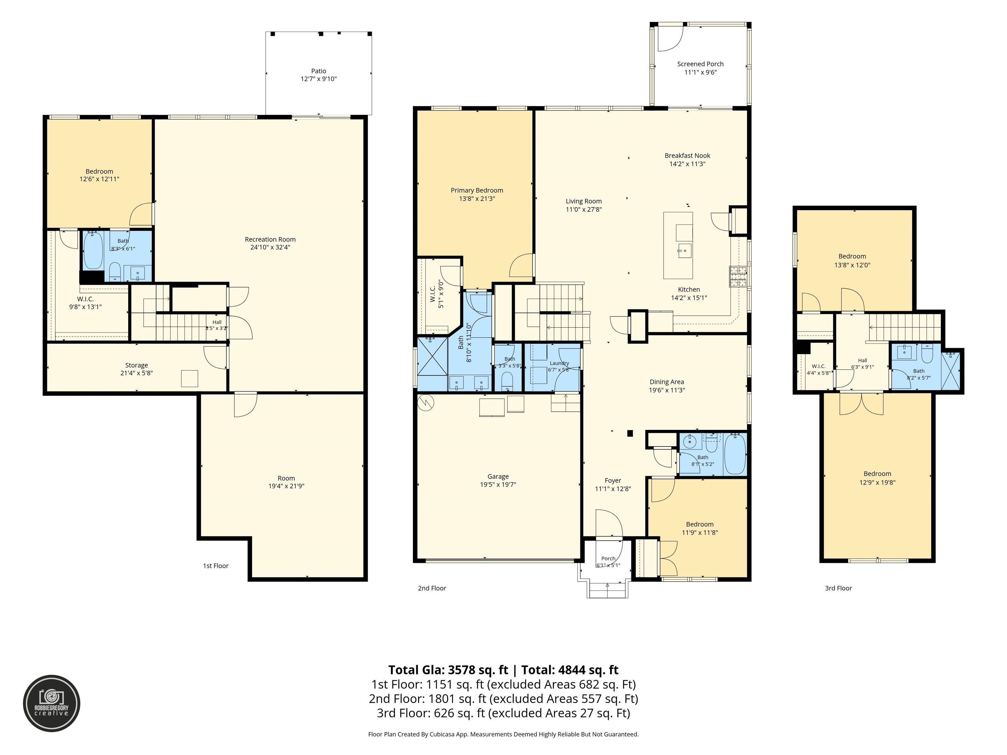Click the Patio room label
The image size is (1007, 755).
319,71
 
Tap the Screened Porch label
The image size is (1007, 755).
700,64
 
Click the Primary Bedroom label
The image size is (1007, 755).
477,191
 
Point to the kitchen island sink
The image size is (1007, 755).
684,251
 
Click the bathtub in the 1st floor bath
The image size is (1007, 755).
93,251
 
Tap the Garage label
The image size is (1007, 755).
498,476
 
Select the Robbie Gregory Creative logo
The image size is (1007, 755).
51,703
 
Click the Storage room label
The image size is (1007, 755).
137,365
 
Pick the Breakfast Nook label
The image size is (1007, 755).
687,156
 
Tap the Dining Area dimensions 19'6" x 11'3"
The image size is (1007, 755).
667,390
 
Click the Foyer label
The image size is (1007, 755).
613,481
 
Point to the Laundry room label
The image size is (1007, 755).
560,363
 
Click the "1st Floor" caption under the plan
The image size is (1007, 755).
216,566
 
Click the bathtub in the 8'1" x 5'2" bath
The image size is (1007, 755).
735,454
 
